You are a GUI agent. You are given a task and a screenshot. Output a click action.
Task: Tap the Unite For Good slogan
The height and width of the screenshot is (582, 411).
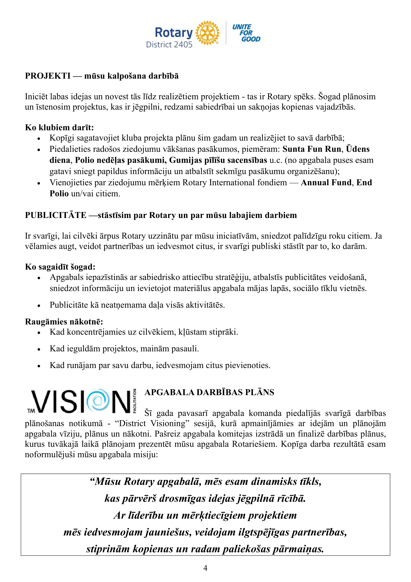246,33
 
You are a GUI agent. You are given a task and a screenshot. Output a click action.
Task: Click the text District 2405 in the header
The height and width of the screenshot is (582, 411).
169,45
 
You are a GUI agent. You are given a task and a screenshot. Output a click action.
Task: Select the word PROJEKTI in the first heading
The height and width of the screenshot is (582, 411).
47,76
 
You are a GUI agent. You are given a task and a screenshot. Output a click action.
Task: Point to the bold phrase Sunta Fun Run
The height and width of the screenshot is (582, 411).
312,149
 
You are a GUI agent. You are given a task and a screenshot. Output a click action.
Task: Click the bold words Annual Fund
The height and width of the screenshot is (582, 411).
326,182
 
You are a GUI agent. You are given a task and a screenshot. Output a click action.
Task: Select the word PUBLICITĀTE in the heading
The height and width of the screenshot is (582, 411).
56,215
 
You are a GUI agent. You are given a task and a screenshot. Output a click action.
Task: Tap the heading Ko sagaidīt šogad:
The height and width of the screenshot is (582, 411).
60,267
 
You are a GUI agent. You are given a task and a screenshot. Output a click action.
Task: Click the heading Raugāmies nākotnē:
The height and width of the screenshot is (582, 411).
64,322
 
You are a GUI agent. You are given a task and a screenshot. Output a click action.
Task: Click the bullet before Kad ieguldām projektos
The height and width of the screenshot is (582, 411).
39,349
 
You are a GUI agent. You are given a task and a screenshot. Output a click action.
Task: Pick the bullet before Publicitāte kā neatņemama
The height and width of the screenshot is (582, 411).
39,306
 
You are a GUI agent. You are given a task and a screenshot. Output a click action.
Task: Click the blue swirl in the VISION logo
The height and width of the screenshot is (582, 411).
98,401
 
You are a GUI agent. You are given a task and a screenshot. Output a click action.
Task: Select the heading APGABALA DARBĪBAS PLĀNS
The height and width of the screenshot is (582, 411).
209,392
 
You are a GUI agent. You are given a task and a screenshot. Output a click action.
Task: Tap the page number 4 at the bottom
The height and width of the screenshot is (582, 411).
205,568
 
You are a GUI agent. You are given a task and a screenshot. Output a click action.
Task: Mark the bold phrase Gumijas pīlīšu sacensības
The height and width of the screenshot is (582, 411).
218,160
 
